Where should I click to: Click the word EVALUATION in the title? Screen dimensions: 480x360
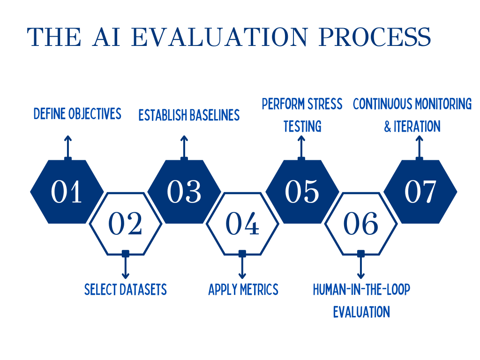(x=219, y=37)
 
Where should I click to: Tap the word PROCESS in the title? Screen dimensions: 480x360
(x=375, y=37)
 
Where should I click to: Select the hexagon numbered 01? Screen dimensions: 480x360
(x=67, y=192)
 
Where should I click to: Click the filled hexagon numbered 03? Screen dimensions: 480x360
(x=184, y=192)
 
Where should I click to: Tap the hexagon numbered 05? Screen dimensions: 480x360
(x=302, y=192)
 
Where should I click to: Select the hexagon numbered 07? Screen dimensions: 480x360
(x=420, y=192)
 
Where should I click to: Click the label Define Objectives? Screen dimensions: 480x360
(x=77, y=113)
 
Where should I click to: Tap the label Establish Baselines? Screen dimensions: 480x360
(x=189, y=115)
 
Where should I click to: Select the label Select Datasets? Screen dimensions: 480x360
(x=126, y=290)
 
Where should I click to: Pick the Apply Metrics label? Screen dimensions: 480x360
(x=243, y=290)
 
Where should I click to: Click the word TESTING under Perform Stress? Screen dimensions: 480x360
(x=302, y=127)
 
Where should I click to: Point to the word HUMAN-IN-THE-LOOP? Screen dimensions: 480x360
(x=361, y=290)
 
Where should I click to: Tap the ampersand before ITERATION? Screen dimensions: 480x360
(x=388, y=127)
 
